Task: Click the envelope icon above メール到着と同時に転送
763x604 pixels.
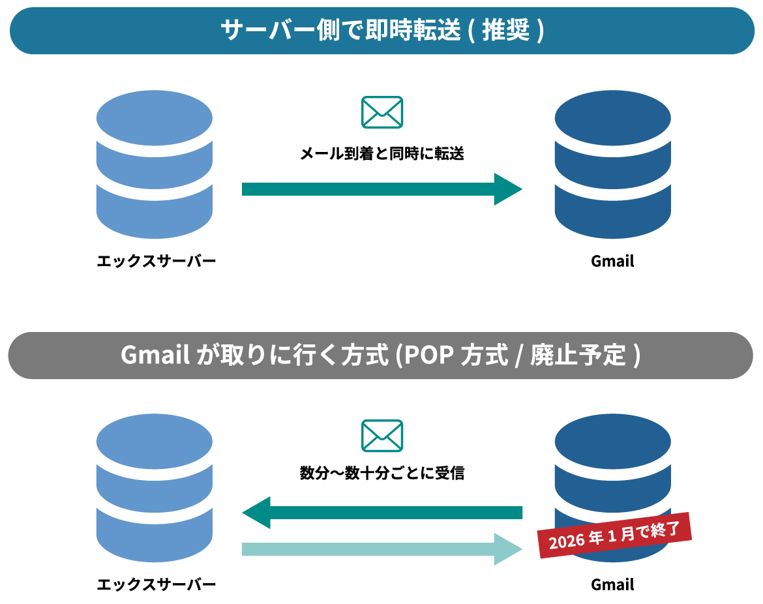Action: pyautogui.click(x=381, y=112)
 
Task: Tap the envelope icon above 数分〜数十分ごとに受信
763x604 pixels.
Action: pyautogui.click(x=381, y=435)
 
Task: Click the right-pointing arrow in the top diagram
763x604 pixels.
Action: pyautogui.click(x=381, y=189)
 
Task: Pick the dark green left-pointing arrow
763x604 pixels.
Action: pyautogui.click(x=381, y=513)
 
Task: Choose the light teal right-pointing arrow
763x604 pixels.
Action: pyautogui.click(x=381, y=549)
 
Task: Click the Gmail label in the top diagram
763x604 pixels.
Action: pyautogui.click(x=612, y=262)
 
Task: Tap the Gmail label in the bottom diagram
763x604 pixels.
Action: pyautogui.click(x=612, y=584)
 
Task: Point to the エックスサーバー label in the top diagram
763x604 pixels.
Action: pyautogui.click(x=156, y=262)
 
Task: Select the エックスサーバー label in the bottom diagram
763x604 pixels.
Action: pyautogui.click(x=156, y=584)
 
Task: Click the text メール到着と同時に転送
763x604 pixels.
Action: pyautogui.click(x=381, y=154)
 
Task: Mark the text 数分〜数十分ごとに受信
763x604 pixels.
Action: pyautogui.click(x=381, y=474)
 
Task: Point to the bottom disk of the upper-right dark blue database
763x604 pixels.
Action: pyautogui.click(x=612, y=212)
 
